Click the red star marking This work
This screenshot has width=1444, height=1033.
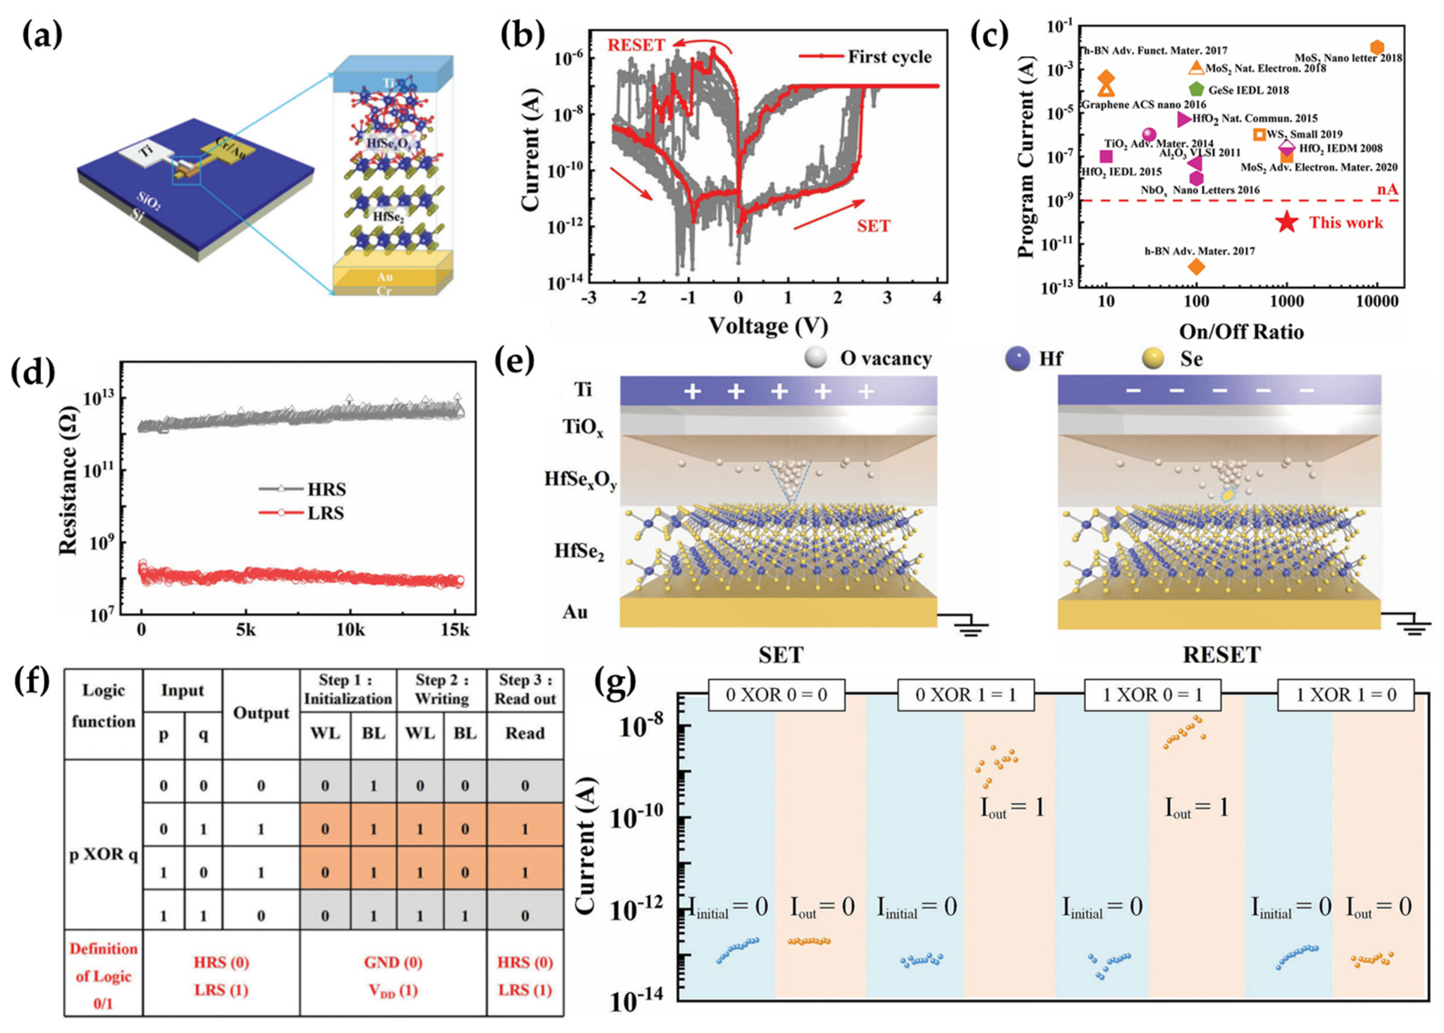point(1286,222)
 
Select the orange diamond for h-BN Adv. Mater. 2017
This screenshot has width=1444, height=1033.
point(1196,267)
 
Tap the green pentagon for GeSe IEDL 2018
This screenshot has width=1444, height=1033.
point(1196,90)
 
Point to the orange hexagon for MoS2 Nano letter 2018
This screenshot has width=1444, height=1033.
point(1377,47)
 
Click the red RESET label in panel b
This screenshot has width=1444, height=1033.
point(636,45)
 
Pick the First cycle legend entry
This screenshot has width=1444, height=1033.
point(865,57)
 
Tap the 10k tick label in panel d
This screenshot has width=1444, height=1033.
point(349,630)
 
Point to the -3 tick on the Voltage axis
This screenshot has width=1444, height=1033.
point(589,298)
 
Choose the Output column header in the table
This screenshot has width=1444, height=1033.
point(261,713)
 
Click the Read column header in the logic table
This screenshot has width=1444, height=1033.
point(525,733)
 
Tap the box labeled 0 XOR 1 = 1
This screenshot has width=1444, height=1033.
point(965,694)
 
